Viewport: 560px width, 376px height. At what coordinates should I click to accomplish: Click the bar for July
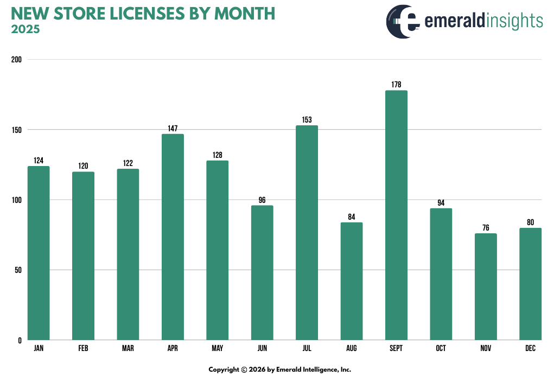tap(307, 233)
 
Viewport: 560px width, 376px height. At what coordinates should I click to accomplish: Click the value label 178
tap(396, 85)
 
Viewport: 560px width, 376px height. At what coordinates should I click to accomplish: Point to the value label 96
tap(262, 200)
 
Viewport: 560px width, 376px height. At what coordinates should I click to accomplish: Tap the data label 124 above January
tap(39, 161)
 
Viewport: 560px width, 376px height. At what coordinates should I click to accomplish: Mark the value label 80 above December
tap(530, 222)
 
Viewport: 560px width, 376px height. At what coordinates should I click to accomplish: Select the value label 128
tap(217, 155)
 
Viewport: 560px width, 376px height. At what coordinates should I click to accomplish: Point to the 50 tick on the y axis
tap(18, 270)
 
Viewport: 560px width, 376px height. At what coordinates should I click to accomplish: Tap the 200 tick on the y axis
tap(16, 60)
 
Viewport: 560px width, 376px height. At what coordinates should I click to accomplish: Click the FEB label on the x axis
tap(83, 348)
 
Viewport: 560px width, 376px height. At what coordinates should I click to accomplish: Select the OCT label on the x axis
tap(441, 348)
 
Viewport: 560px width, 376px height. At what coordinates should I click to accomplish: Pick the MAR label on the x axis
tap(128, 348)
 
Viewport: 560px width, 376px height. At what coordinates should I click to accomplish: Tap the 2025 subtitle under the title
tap(25, 29)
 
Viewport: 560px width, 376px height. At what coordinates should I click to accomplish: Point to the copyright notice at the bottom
tap(280, 369)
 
